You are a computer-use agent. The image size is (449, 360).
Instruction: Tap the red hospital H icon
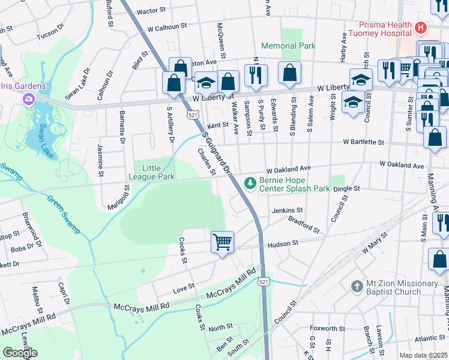421,28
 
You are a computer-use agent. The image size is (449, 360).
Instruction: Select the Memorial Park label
288,46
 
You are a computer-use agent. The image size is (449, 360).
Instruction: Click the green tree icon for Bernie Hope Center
249,184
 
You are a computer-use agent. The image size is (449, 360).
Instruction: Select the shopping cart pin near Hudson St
222,242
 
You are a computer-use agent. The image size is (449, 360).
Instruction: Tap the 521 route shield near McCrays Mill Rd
264,281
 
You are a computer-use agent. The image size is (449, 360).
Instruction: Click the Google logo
20,352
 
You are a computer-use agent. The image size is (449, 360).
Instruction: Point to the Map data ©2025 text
424,355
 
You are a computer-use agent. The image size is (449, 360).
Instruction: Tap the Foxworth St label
328,329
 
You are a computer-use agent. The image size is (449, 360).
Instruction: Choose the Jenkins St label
288,211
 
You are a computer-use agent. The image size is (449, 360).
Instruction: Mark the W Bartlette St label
363,142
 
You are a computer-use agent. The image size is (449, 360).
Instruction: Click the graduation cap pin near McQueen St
206,82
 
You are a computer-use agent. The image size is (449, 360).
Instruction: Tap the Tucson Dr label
50,34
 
